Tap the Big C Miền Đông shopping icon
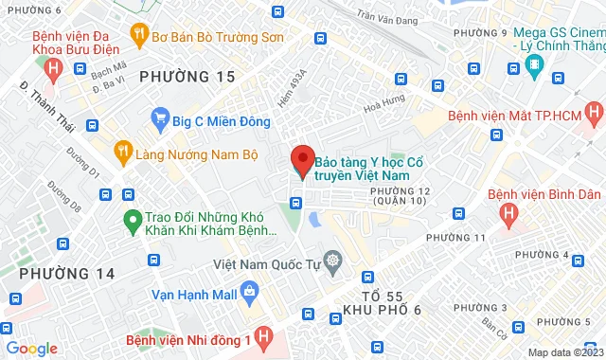[x=160, y=120]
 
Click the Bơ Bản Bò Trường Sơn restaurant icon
[x=139, y=36]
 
